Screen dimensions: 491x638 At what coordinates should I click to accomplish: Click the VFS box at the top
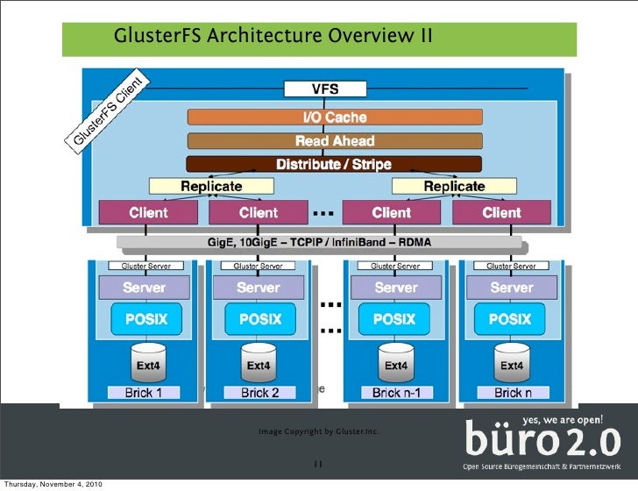(325, 89)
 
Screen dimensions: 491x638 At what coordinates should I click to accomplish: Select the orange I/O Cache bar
(334, 117)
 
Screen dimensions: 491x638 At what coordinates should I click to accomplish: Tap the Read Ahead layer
(334, 140)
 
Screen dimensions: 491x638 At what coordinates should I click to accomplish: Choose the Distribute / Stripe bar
(334, 164)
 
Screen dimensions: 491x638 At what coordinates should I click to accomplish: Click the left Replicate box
(210, 186)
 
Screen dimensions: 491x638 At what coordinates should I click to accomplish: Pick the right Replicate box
(453, 186)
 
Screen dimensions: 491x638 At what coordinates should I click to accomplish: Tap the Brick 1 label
(144, 392)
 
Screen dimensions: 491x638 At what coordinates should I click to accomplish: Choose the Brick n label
(513, 392)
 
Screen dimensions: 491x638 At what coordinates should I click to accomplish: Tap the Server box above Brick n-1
(396, 288)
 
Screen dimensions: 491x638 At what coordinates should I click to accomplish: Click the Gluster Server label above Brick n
(511, 266)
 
